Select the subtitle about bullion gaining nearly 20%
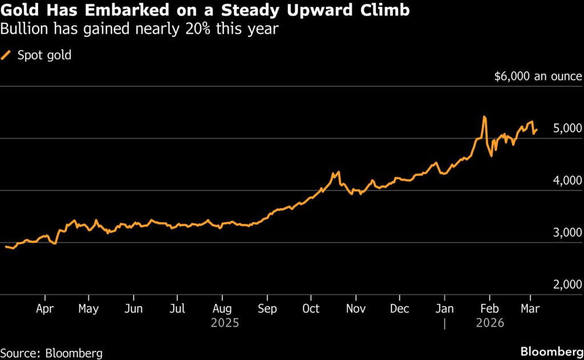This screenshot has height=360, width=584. click(x=140, y=29)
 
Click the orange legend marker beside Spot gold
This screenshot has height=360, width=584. click(x=7, y=55)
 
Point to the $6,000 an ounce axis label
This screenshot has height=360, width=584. click(x=538, y=76)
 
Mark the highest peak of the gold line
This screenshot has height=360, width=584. click(x=484, y=117)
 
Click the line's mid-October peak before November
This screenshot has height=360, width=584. click(x=338, y=171)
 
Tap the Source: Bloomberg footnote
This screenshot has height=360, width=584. click(x=51, y=353)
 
